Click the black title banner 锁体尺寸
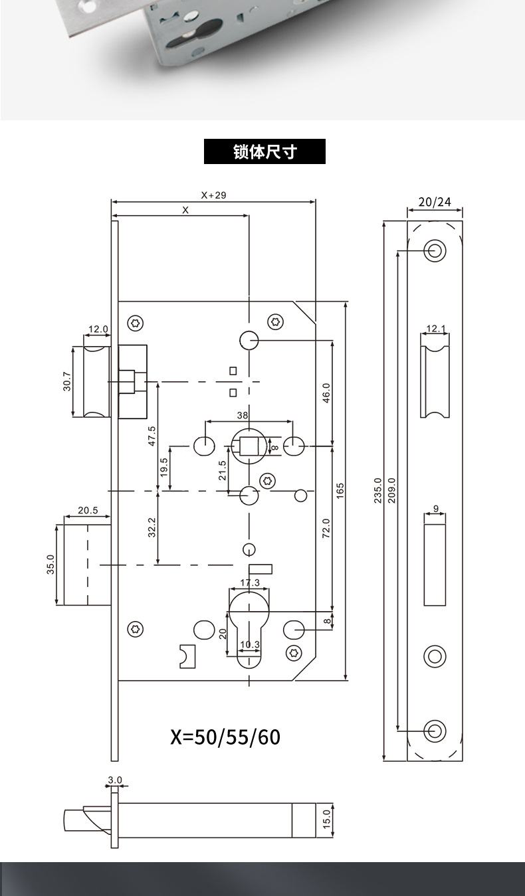[x=264, y=151]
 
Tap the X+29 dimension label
[x=214, y=195]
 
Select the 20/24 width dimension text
[x=435, y=202]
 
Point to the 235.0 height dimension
[x=377, y=490]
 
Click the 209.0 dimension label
[x=391, y=490]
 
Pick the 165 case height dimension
[x=340, y=491]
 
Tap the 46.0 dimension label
[x=326, y=393]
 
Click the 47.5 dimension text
[x=152, y=436]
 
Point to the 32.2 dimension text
[x=152, y=527]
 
